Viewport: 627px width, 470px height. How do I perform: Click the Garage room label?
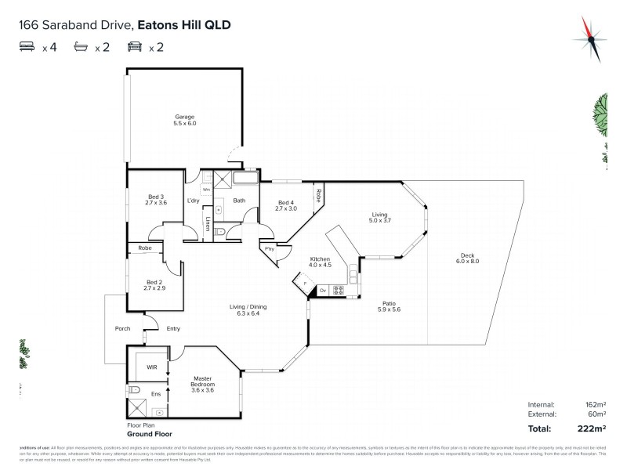[x=185, y=117]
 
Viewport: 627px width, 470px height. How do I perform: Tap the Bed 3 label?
[x=156, y=197]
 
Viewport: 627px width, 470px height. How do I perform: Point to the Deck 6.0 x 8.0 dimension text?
[x=468, y=261]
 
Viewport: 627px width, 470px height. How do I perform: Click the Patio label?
[x=389, y=303]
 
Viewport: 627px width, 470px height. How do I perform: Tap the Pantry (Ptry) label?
[x=270, y=248]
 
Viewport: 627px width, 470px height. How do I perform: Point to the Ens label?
[x=155, y=394]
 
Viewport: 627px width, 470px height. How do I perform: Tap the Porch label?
[x=122, y=328]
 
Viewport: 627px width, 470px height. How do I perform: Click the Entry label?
[x=173, y=328]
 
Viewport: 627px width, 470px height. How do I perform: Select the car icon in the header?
[x=134, y=47]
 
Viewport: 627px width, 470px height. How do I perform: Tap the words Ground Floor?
[x=150, y=433]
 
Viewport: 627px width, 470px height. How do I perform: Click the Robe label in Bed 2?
[x=145, y=248]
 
